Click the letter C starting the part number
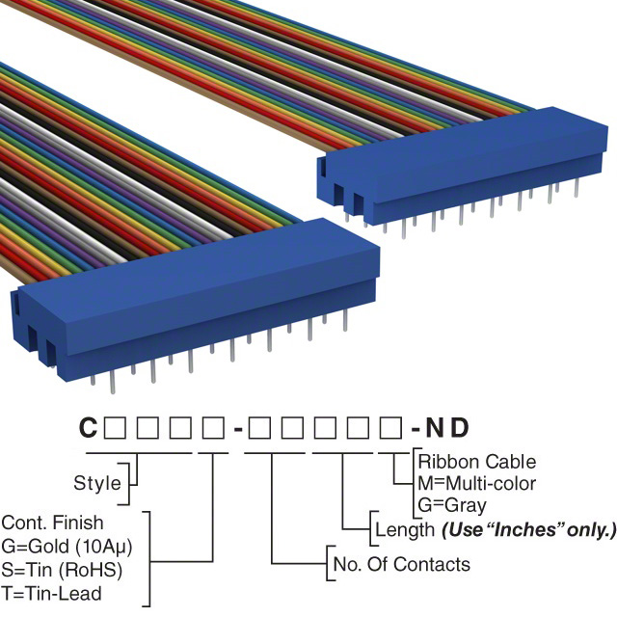tap(88, 427)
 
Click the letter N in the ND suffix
tap(434, 427)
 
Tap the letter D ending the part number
tap(459, 427)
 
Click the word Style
tap(97, 482)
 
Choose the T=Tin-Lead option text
tap(52, 592)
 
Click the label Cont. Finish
tap(53, 523)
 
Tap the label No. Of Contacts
tap(400, 564)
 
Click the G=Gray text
tap(452, 504)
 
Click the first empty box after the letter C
tap(114, 427)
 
